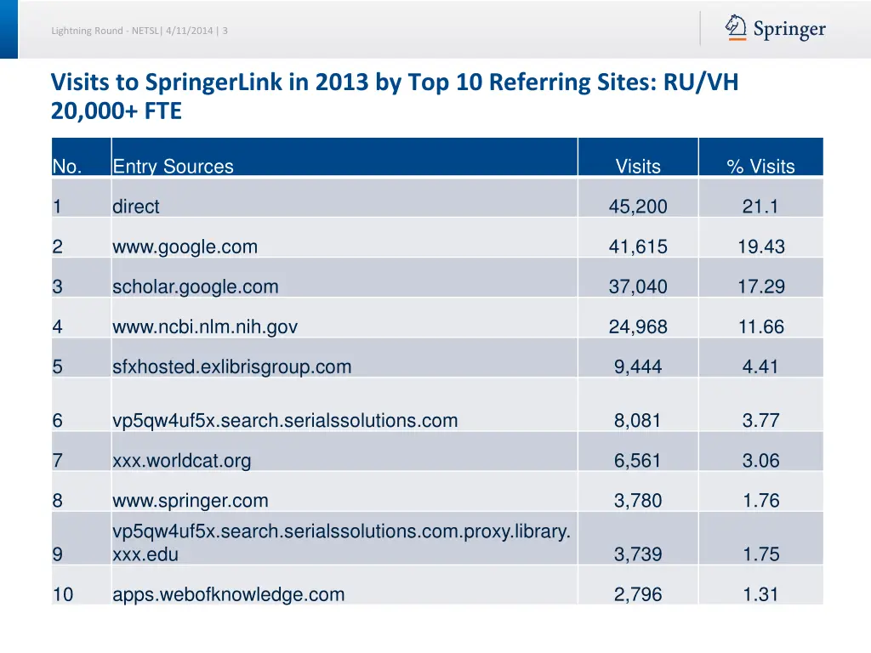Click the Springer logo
tap(775, 29)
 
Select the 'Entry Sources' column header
tap(173, 167)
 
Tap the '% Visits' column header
tap(760, 167)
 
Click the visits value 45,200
tap(638, 207)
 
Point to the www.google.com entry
tap(185, 247)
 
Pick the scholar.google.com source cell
tap(195, 287)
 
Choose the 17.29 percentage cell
tap(760, 287)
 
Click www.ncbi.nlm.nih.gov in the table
tap(205, 327)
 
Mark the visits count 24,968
tap(638, 327)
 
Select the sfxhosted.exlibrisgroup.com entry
tap(231, 367)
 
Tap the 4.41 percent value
tap(760, 367)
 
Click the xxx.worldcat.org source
tap(181, 461)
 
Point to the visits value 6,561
tap(638, 461)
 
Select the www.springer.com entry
tap(190, 501)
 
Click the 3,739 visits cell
tap(638, 554)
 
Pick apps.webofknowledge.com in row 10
tap(228, 595)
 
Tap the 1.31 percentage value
tap(760, 595)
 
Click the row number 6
tap(57, 421)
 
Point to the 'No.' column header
tap(66, 167)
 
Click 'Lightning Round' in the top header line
tap(88, 31)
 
